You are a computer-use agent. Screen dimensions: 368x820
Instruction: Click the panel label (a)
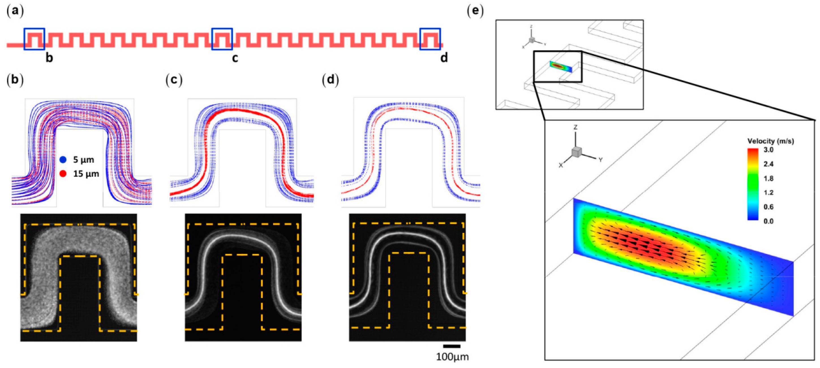pos(15,11)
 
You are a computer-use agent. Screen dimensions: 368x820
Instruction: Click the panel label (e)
pos(475,11)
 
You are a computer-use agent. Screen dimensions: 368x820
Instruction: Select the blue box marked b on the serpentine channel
pos(35,39)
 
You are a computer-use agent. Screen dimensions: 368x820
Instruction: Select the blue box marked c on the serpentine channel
pos(222,39)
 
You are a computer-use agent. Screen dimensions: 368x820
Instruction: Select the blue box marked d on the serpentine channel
pos(430,39)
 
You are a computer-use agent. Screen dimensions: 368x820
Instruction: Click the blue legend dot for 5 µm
pos(63,159)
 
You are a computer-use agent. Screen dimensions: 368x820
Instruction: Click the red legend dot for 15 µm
pos(63,174)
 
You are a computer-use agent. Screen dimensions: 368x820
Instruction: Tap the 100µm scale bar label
pos(452,357)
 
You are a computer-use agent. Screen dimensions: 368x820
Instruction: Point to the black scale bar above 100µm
pos(452,346)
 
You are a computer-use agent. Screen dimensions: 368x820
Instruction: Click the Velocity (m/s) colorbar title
pos(770,141)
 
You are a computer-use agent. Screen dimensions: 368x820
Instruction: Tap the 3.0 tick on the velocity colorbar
pos(768,150)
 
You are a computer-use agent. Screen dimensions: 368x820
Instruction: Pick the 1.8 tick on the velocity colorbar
pos(768,178)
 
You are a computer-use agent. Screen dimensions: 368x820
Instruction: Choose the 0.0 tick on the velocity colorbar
pos(768,221)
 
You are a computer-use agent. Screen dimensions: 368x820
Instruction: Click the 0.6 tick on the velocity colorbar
pos(768,207)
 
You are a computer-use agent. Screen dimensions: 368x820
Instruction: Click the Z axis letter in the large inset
pos(575,127)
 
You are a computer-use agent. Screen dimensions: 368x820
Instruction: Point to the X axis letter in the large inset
pos(561,165)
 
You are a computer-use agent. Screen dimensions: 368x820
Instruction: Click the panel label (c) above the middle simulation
pos(174,80)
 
